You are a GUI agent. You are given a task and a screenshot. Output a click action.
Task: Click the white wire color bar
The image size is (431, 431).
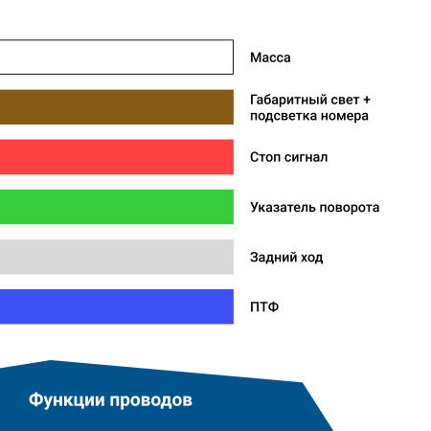[116, 57]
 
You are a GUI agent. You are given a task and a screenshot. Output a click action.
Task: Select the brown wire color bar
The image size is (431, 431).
[116, 107]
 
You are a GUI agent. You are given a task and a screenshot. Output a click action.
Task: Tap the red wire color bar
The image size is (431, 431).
[116, 157]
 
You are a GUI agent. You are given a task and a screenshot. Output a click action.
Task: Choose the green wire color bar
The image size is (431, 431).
[116, 207]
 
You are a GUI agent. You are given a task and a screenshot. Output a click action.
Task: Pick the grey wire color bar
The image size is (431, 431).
[116, 257]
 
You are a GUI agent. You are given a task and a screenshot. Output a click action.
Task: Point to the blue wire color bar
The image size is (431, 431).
[116, 306]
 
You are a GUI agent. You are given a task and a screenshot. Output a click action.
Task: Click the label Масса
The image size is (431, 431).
[270, 57]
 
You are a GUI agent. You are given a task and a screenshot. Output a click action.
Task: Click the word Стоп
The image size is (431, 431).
[265, 157]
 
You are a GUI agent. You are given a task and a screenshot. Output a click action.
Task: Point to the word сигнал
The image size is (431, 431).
[306, 157]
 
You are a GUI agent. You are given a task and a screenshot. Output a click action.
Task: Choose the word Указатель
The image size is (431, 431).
[285, 207]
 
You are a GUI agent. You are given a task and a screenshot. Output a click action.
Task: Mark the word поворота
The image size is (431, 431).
[352, 207]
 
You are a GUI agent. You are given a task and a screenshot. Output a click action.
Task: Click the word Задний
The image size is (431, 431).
[273, 257]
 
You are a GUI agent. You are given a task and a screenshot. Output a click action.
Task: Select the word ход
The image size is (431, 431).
[311, 257]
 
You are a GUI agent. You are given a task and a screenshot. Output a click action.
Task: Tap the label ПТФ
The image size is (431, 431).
[264, 306]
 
